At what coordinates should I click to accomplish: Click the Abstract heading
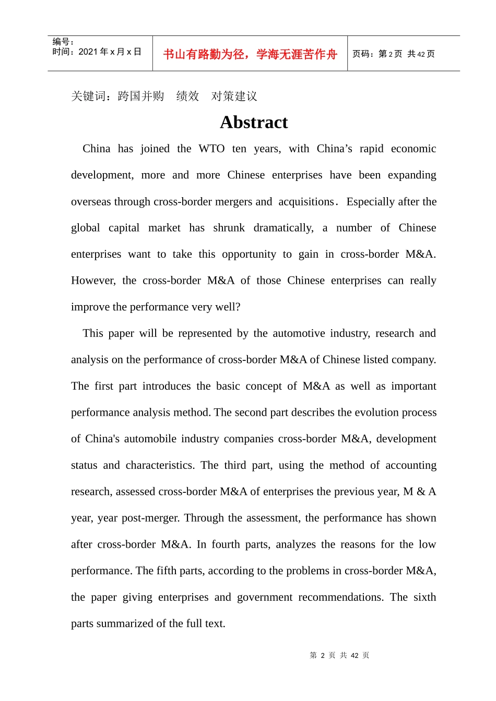[x=254, y=122]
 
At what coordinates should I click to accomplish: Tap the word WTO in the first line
[x=211, y=149]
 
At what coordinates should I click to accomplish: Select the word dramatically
[x=284, y=228]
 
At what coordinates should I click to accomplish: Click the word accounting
[x=411, y=465]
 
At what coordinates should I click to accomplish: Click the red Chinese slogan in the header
[x=250, y=54]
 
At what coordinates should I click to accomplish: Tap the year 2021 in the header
[x=88, y=52]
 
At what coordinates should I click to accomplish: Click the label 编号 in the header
[x=61, y=42]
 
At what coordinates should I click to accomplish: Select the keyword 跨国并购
[x=141, y=96]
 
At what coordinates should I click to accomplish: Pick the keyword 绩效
[x=187, y=96]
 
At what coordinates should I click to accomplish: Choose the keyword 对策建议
[x=234, y=96]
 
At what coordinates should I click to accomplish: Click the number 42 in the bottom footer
[x=355, y=656]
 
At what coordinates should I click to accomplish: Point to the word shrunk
[x=229, y=228]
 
